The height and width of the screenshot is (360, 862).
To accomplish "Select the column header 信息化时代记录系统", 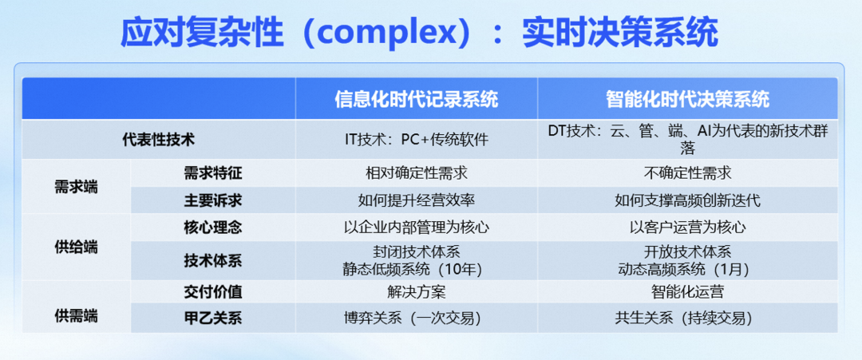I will (416, 99).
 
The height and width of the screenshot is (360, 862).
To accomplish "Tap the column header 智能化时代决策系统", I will (687, 99).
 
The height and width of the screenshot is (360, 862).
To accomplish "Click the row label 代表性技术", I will (158, 139).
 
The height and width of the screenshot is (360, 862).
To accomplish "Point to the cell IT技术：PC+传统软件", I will (416, 139).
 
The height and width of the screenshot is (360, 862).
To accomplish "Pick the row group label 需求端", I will (76, 187).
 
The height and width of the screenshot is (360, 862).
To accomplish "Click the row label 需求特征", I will (212, 173).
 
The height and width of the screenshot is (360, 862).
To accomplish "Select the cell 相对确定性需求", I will (416, 173).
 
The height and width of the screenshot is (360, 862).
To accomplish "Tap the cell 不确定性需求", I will (687, 173).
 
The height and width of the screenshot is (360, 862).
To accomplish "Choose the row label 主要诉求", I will (212, 200).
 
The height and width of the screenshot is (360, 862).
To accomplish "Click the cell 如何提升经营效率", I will (416, 200).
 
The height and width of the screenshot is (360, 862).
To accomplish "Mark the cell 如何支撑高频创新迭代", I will (687, 200).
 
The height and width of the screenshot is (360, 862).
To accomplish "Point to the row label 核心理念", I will (212, 227).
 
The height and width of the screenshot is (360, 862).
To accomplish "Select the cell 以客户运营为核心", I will (687, 227).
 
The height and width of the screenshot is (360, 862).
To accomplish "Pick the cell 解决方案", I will (416, 292).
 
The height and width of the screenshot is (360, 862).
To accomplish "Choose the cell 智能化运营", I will (687, 292).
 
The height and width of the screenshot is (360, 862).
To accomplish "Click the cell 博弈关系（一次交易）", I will (416, 318).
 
